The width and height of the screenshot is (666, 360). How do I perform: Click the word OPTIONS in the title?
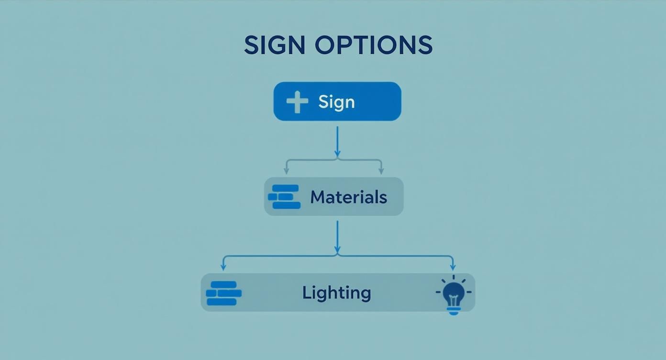(x=374, y=45)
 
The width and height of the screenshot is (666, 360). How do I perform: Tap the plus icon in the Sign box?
(x=297, y=102)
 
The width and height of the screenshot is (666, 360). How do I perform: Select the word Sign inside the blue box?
(x=336, y=102)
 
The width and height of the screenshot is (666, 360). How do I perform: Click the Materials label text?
(x=348, y=197)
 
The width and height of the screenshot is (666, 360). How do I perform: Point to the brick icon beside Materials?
(x=284, y=197)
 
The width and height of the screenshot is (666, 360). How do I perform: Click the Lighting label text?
(x=336, y=292)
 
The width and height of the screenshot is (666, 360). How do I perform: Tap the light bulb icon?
(x=453, y=293)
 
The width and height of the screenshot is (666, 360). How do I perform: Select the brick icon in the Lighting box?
(x=223, y=293)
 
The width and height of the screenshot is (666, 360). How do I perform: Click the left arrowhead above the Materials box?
(x=287, y=170)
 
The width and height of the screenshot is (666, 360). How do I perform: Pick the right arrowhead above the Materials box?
(x=381, y=170)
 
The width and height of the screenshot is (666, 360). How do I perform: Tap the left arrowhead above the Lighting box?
(x=223, y=267)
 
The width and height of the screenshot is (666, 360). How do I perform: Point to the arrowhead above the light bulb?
(x=453, y=267)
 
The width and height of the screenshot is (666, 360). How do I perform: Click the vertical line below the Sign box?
(x=337, y=139)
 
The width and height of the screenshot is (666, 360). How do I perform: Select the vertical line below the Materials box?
(x=337, y=235)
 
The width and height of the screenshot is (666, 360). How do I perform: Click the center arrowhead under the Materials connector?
(x=337, y=250)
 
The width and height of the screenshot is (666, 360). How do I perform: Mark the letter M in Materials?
(x=317, y=197)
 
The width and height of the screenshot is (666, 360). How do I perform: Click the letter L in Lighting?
(x=306, y=292)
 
